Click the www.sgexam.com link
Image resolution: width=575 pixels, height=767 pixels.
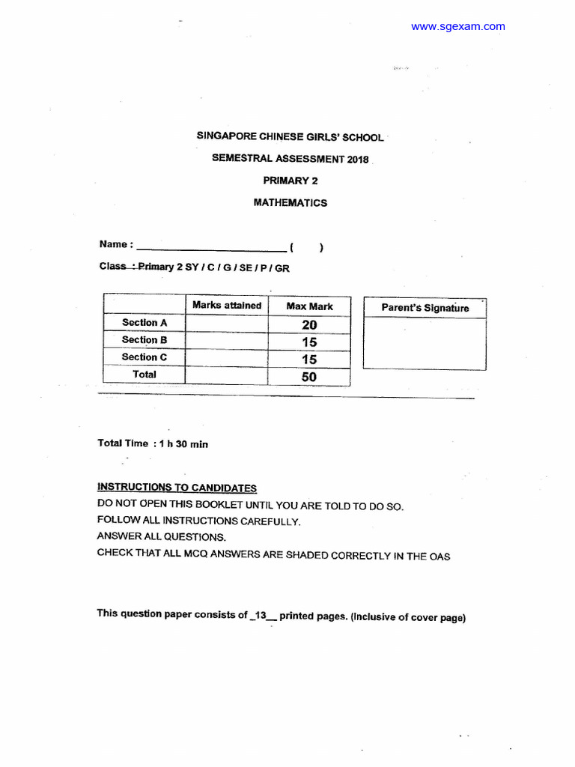point(457,27)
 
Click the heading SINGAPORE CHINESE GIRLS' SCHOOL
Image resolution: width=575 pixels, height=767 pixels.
point(290,137)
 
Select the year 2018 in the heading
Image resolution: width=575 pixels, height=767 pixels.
point(357,159)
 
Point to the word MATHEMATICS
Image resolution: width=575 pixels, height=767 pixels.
point(290,202)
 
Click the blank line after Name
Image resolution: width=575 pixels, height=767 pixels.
point(210,247)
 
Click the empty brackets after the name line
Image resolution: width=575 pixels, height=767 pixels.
point(306,248)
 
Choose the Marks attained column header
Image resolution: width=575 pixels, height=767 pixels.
point(227,306)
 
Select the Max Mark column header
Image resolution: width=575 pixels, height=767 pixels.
point(309,306)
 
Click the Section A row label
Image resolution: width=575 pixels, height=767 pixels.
point(144,323)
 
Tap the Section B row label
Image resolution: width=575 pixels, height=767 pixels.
point(144,340)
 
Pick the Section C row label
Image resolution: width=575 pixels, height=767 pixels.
point(144,357)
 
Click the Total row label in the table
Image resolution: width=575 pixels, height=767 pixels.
point(144,375)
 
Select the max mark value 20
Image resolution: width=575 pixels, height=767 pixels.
point(309,324)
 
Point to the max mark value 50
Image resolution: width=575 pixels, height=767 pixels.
point(309,377)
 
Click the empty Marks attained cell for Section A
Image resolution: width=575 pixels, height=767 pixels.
point(227,324)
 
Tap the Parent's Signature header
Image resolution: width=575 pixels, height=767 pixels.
point(425,308)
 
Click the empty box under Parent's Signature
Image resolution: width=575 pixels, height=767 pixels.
point(425,344)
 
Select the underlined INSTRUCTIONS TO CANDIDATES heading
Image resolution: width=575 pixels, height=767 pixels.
point(177,488)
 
